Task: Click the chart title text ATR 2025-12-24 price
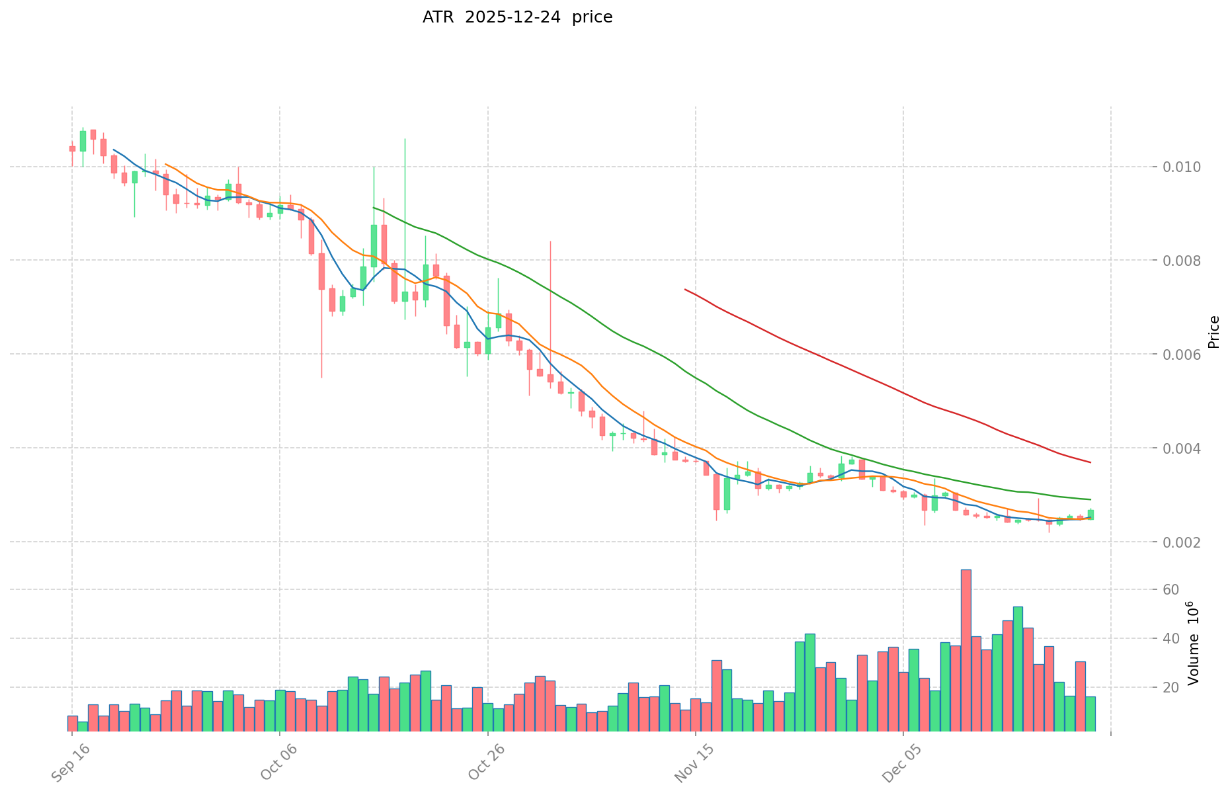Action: tap(517, 18)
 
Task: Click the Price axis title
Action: tap(1213, 332)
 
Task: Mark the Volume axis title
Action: tap(1193, 643)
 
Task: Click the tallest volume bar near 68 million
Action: tap(965, 648)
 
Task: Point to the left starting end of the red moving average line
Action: tap(685, 290)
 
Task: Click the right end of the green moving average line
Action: tap(1090, 499)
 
